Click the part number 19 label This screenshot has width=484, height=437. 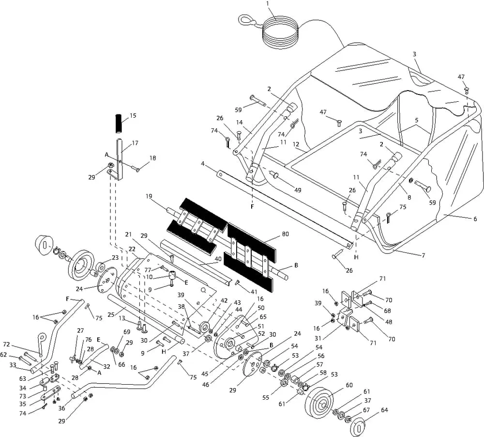149,196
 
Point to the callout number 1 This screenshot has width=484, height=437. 268,3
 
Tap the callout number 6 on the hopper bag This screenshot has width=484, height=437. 475,218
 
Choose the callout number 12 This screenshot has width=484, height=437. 296,144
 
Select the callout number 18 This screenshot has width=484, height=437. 153,158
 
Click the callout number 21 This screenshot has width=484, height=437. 128,234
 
